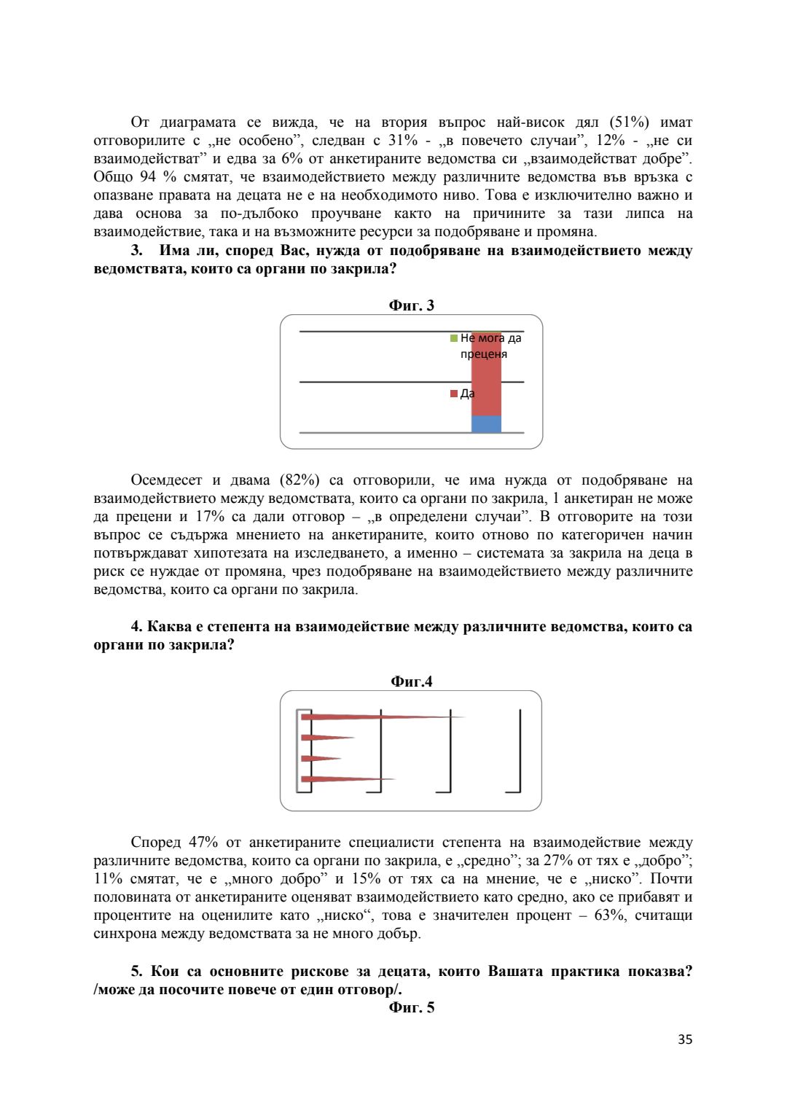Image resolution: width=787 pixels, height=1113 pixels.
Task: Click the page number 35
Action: pos(684,1039)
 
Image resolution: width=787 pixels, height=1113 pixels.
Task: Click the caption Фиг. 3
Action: pos(411,305)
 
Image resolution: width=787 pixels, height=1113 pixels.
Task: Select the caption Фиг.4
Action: pos(411,682)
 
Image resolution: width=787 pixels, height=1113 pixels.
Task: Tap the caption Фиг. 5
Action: pos(411,1007)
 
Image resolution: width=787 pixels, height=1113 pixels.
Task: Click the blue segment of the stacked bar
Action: pos(486,424)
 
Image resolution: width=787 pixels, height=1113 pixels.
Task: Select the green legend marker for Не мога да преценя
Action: pos(454,338)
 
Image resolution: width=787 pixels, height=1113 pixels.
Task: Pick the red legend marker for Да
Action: pos(454,394)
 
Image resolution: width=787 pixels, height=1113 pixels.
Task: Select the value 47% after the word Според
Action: pos(203,843)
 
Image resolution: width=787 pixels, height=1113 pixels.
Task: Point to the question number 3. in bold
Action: pos(136,251)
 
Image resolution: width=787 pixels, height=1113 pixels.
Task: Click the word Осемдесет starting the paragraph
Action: pos(166,480)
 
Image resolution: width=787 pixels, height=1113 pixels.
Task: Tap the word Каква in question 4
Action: pos(170,627)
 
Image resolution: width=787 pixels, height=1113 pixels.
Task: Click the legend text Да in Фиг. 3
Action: pos(467,394)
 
